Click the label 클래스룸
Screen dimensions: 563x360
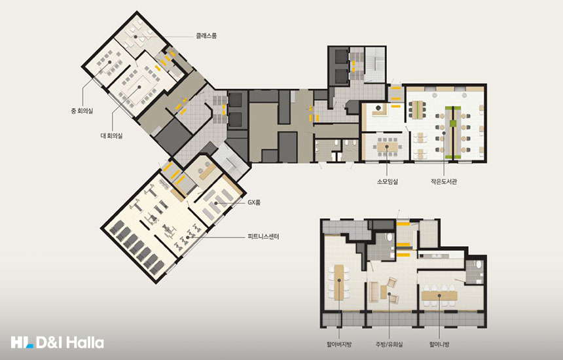coord(206,36)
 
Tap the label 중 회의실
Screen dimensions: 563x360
coord(82,111)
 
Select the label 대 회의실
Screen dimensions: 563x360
coord(111,135)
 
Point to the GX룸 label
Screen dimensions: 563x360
coord(254,202)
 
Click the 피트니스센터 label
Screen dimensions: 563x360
coord(263,236)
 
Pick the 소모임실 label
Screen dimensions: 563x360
coord(388,181)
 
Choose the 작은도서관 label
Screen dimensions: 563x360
coord(444,181)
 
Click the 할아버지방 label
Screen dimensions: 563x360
coord(339,344)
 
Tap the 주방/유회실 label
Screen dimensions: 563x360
coord(390,344)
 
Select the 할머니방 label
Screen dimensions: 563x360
coord(439,344)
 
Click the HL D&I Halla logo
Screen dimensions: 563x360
coord(58,342)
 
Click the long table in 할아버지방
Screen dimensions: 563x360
coord(339,283)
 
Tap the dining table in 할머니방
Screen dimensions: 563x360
coord(439,296)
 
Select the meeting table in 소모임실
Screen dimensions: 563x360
coord(386,147)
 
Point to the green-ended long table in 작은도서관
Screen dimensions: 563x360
coord(453,133)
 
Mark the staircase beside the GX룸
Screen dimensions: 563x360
coord(230,161)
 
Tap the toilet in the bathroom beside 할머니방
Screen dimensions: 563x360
coord(478,266)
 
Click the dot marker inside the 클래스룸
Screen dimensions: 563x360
coord(136,37)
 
